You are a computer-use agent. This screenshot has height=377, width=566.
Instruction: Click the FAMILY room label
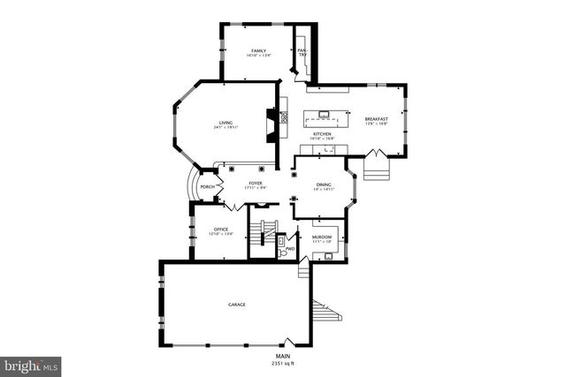(x=258, y=51)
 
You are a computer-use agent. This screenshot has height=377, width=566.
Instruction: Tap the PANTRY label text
(x=302, y=53)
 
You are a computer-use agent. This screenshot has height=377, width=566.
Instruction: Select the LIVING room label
(x=226, y=123)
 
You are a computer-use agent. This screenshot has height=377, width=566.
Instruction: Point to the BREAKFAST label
(x=377, y=119)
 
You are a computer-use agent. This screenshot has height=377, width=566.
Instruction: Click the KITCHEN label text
(x=321, y=133)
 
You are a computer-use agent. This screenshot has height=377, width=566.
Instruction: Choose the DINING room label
(x=324, y=185)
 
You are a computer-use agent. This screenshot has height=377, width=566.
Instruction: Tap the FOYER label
(x=256, y=183)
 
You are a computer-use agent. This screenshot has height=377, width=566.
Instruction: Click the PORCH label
(x=208, y=187)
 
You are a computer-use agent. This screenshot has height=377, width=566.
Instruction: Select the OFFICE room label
(x=220, y=229)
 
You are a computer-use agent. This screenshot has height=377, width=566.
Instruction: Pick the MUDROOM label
(x=320, y=238)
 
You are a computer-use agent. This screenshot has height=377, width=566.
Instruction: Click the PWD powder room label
(x=289, y=250)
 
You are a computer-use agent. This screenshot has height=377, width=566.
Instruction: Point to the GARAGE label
(x=237, y=305)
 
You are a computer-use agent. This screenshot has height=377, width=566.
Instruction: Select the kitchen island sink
(x=325, y=114)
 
